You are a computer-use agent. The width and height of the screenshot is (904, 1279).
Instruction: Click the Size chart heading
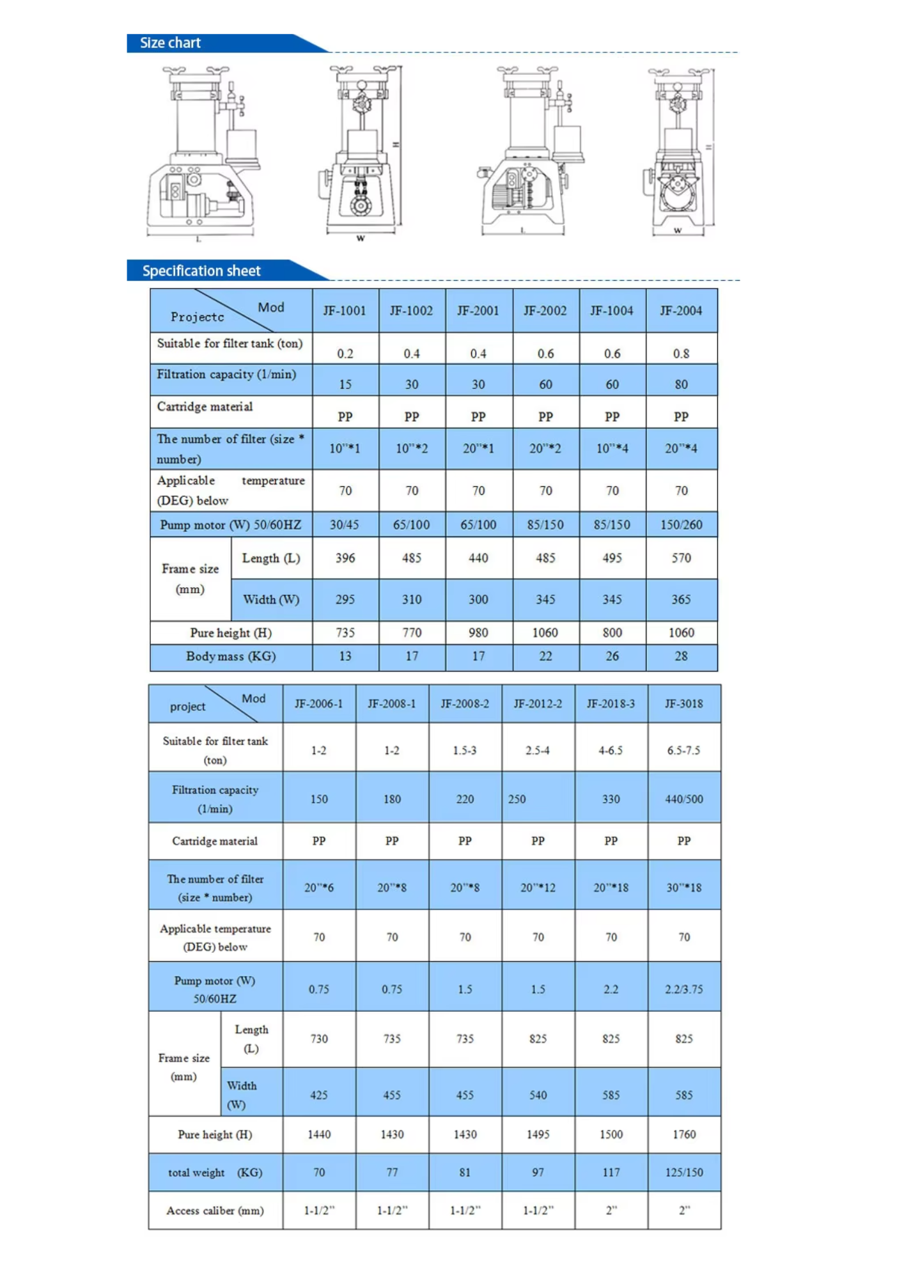click(x=170, y=43)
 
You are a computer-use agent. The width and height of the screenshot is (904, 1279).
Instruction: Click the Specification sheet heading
click(x=201, y=271)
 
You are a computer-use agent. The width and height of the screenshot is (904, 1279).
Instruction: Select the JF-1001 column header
click(x=345, y=311)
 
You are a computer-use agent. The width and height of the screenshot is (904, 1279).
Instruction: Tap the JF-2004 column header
click(x=681, y=311)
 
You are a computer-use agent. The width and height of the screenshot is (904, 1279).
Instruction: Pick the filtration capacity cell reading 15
click(x=345, y=384)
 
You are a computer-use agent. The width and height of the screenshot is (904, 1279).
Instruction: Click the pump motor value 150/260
click(x=681, y=525)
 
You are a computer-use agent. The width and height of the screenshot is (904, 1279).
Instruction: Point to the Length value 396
click(x=345, y=558)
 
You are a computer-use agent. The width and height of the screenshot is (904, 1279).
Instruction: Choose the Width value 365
click(x=681, y=600)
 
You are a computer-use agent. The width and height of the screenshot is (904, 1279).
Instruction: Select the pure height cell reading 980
click(x=478, y=633)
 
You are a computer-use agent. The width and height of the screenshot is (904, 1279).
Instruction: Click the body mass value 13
click(x=345, y=657)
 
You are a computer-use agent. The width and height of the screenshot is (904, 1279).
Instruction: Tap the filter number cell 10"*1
click(x=345, y=449)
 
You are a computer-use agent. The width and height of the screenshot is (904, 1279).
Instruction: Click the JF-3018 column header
click(x=683, y=704)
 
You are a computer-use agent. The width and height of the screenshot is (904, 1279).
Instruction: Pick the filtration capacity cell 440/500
click(x=683, y=799)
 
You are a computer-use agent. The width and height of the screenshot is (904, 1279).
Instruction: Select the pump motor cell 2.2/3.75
click(x=683, y=989)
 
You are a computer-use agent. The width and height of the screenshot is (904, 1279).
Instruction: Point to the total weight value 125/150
click(x=683, y=1173)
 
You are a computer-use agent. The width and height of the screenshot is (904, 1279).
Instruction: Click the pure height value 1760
click(x=683, y=1134)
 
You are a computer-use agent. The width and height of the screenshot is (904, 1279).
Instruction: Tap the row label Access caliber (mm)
click(x=215, y=1211)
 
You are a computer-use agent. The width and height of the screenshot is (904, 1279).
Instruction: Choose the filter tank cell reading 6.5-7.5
click(x=683, y=750)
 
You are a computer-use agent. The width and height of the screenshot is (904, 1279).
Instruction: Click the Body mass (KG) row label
click(x=231, y=657)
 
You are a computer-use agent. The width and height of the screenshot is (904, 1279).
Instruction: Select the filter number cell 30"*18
click(x=683, y=888)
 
